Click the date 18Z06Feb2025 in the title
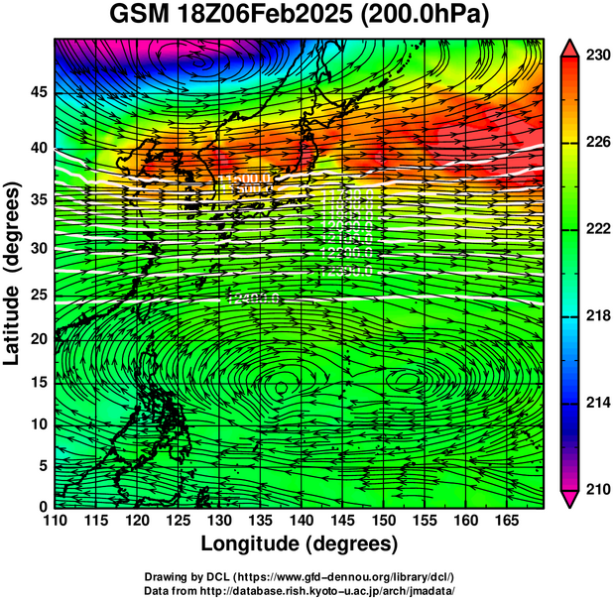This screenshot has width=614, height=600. pyautogui.click(x=269, y=16)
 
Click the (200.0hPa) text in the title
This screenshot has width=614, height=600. pyautogui.click(x=424, y=16)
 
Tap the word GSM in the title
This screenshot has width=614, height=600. pyautogui.click(x=139, y=16)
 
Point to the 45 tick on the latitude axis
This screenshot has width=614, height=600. pyautogui.click(x=37, y=91)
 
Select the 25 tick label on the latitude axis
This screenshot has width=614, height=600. pyautogui.click(x=37, y=294)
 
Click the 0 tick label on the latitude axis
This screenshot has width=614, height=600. pyautogui.click(x=42, y=507)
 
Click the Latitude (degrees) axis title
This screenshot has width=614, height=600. pyautogui.click(x=13, y=274)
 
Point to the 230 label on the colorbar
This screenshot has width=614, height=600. pyautogui.click(x=597, y=56)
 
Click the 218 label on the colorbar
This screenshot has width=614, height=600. pyautogui.click(x=597, y=315)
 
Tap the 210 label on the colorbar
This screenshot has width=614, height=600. pyautogui.click(x=597, y=489)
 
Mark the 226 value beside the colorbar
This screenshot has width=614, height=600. pyautogui.click(x=597, y=143)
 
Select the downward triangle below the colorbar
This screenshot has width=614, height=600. pyautogui.click(x=571, y=498)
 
